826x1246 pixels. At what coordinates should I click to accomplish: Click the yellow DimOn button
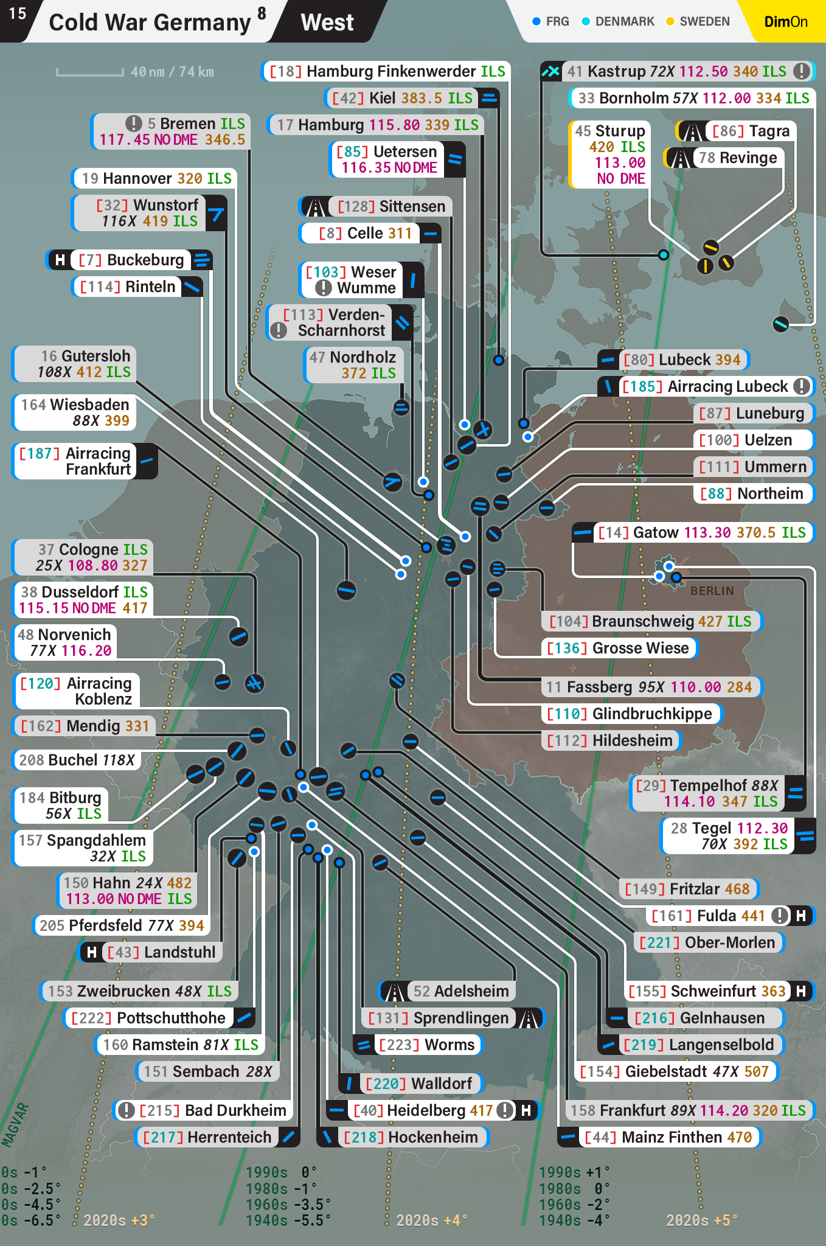(785, 22)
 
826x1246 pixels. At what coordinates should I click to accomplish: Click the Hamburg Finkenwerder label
(387, 71)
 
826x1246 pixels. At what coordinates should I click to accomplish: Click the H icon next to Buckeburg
(60, 260)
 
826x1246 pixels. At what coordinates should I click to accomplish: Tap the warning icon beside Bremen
(133, 124)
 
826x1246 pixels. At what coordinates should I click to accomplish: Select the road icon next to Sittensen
(314, 207)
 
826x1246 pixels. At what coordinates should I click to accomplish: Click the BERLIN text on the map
(712, 591)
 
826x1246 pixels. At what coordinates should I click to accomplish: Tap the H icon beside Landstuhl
(91, 952)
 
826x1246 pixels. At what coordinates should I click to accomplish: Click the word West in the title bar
(327, 23)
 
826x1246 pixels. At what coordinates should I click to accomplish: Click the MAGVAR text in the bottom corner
(15, 1126)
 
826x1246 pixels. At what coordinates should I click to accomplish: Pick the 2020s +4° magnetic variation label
(431, 1220)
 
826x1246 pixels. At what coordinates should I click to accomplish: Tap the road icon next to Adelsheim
(394, 991)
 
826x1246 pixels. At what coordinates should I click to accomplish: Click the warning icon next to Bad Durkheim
(126, 1110)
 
